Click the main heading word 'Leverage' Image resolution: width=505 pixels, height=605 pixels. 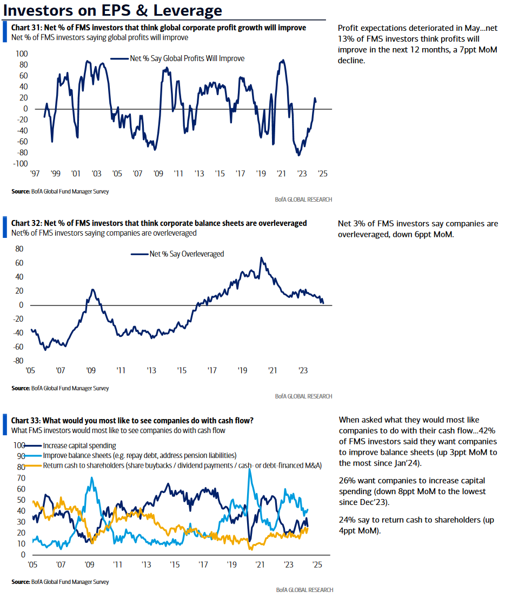point(188,10)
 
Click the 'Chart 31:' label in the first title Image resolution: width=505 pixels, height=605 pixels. point(26,28)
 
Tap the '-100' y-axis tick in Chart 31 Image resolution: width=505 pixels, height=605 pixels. point(21,164)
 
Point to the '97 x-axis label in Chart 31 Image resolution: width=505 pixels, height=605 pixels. point(35,174)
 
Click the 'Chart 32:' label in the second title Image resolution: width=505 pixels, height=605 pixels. point(26,223)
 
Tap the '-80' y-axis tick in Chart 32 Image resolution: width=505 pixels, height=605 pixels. point(19,361)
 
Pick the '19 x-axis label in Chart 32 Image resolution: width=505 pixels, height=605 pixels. point(242,370)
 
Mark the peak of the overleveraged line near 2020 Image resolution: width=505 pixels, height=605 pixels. point(261,257)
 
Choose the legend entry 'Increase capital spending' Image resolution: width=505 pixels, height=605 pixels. point(79,446)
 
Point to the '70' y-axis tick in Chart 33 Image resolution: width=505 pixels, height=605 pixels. point(21,478)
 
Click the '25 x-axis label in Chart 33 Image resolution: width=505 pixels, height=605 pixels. point(317,565)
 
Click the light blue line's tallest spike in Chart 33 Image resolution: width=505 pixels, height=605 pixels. point(250,470)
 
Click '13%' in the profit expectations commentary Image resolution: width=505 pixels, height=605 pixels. point(345,39)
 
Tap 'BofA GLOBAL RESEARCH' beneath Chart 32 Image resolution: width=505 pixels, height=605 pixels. point(304,396)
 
